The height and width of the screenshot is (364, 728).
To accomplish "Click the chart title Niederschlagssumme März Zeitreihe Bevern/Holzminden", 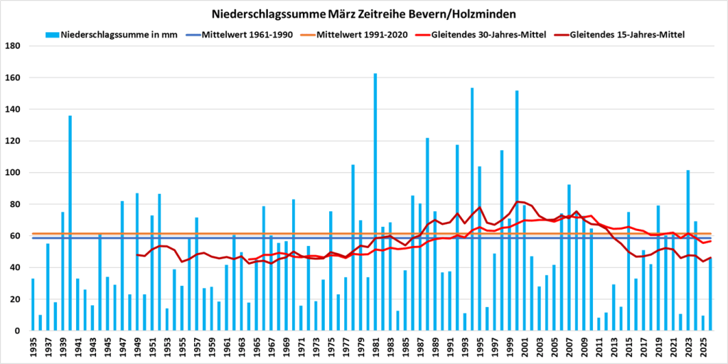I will tap(363, 14).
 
